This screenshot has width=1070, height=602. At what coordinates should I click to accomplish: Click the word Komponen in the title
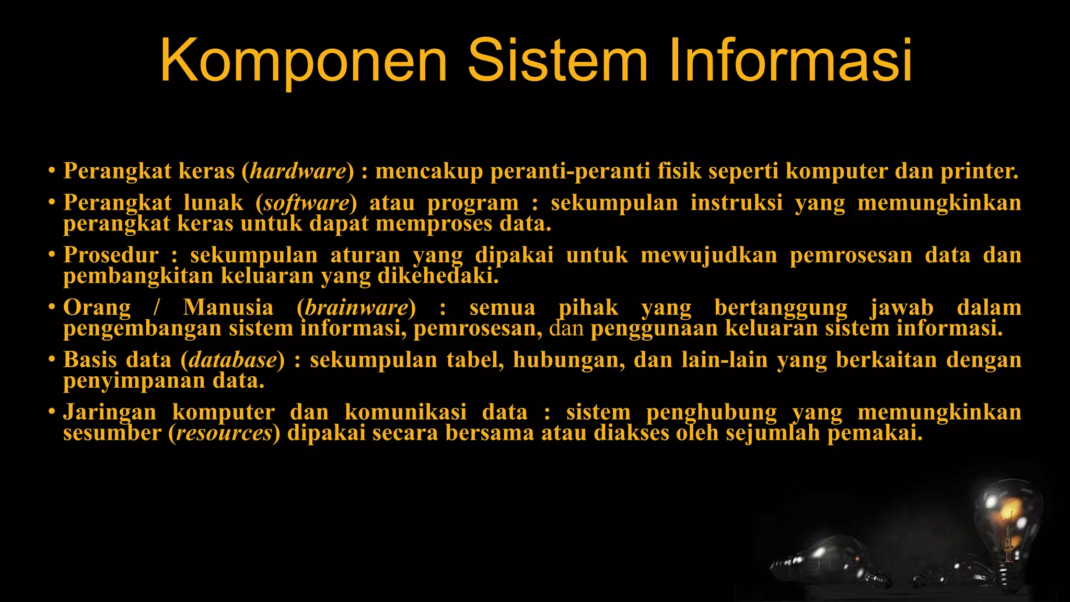(x=304, y=61)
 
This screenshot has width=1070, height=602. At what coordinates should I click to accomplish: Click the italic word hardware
(x=298, y=171)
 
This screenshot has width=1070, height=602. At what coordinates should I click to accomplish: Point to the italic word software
(x=306, y=203)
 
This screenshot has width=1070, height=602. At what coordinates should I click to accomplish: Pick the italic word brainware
(x=356, y=307)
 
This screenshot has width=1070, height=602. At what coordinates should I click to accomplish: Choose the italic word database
(x=233, y=360)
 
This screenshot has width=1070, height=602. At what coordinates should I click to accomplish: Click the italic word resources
(x=225, y=433)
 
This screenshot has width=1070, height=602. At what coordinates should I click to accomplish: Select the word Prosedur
(x=111, y=255)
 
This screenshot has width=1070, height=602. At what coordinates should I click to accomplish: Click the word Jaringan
(x=110, y=412)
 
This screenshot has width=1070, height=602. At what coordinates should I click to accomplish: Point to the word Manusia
(x=228, y=307)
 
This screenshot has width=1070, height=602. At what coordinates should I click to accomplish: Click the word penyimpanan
(x=134, y=381)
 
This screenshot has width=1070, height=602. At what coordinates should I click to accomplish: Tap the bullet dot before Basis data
(x=51, y=360)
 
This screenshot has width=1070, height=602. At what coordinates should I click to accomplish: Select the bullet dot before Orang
(x=51, y=307)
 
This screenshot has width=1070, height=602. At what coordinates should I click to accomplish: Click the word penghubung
(x=712, y=412)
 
